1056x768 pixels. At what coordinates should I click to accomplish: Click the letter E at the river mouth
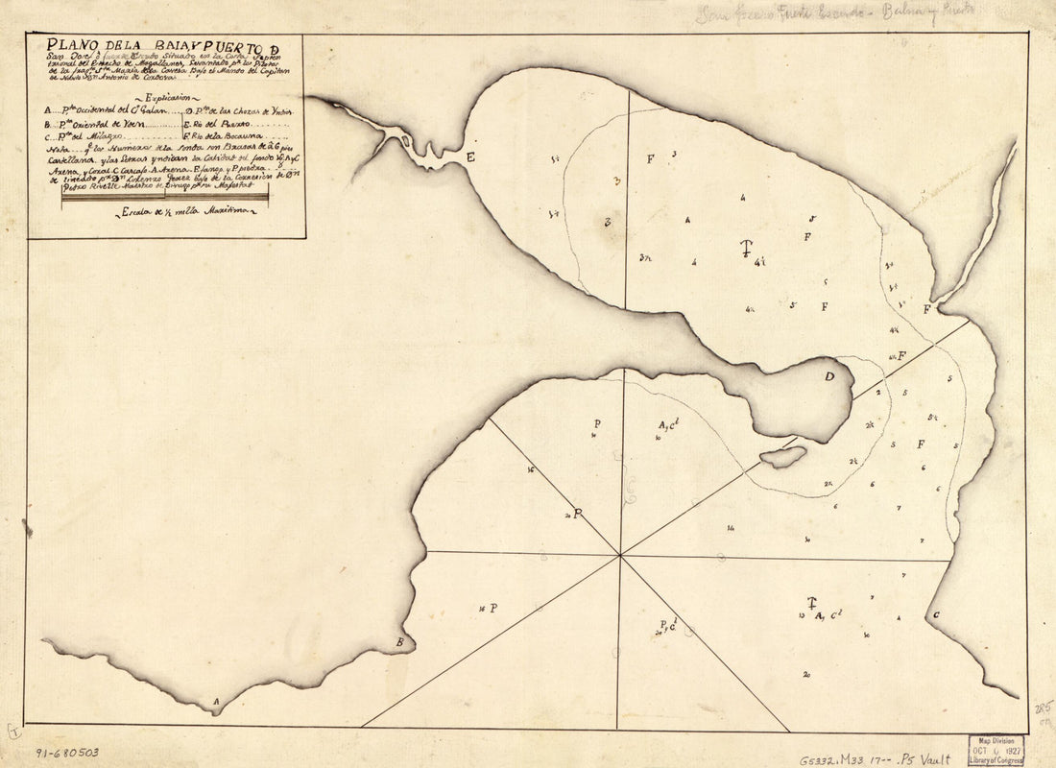pyautogui.click(x=470, y=156)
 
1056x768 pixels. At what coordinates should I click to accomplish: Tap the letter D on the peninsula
pyautogui.click(x=828, y=376)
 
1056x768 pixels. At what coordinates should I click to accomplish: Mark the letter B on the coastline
pyautogui.click(x=400, y=641)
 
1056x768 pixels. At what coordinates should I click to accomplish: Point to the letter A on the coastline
pyautogui.click(x=216, y=702)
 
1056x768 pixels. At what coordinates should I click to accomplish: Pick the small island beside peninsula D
pyautogui.click(x=783, y=457)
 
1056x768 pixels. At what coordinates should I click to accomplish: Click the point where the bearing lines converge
pyautogui.click(x=620, y=554)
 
